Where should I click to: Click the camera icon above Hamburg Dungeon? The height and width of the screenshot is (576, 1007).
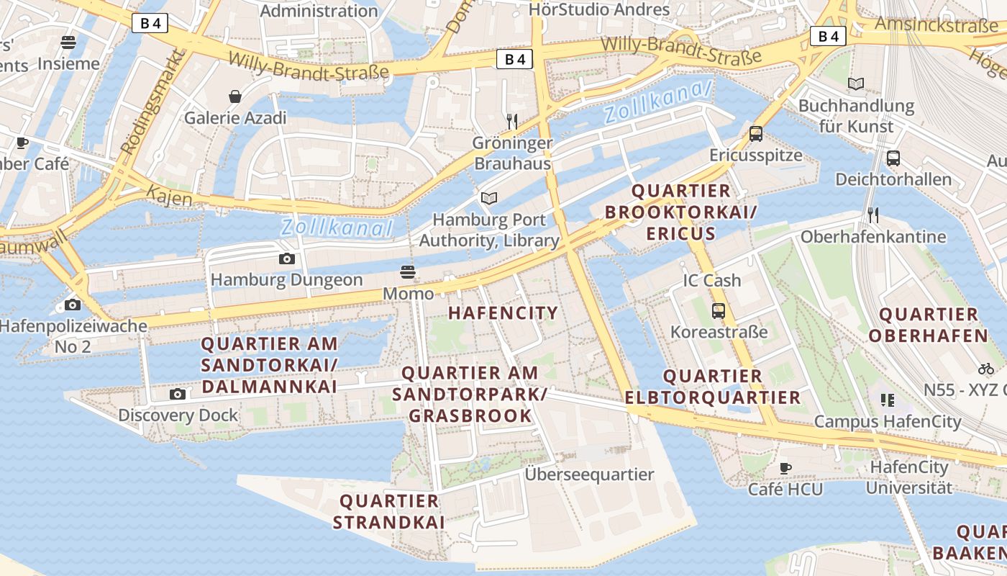point(286,259)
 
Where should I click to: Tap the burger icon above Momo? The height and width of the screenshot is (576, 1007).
point(408,272)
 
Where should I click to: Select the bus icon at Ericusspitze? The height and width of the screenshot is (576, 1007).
point(755,133)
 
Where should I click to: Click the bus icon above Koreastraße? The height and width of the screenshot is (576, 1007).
point(718,311)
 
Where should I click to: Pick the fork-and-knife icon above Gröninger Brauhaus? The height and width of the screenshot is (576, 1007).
point(512,121)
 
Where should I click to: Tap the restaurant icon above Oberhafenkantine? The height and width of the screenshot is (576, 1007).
point(872,215)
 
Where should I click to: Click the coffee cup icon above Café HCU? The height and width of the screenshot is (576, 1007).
point(785,468)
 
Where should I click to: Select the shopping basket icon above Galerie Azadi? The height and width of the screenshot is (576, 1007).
point(235,96)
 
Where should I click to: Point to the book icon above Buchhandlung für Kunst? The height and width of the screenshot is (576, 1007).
point(855,84)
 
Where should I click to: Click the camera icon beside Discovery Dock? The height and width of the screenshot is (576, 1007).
point(177,394)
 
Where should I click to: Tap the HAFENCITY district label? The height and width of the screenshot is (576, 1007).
point(503,312)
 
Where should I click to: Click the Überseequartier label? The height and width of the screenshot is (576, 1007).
point(589,474)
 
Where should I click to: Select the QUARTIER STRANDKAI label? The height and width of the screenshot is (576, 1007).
point(388,511)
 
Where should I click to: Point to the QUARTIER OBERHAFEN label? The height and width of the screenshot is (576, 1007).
point(928,325)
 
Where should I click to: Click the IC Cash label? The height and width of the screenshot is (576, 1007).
point(711,281)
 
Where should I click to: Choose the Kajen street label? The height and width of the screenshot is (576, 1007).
point(169,195)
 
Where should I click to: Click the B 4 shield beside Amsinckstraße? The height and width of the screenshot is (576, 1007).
point(828,36)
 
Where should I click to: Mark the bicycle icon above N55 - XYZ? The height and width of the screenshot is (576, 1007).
point(985,369)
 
